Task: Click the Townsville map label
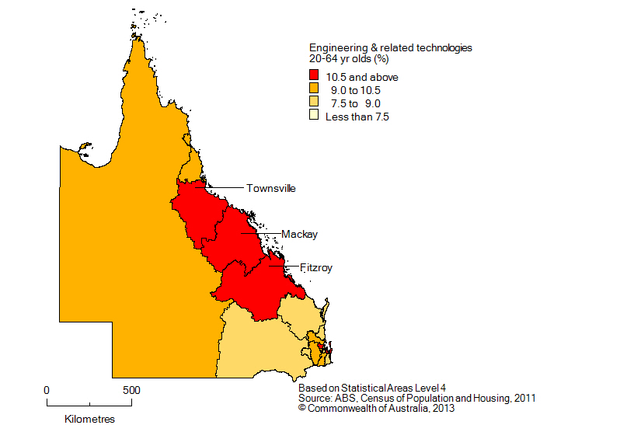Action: tap(270, 188)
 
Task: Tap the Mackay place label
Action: tap(299, 234)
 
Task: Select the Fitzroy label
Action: tap(316, 267)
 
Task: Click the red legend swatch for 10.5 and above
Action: tap(315, 76)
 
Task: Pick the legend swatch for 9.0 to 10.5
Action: tap(315, 89)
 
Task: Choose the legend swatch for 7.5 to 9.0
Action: tap(315, 103)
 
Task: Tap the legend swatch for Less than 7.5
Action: tap(315, 117)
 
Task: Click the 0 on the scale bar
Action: tap(47, 389)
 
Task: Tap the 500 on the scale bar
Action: tap(131, 389)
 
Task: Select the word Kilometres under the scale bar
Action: tap(89, 419)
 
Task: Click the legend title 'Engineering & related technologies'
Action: tap(390, 47)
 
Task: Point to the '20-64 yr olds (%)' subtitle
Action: tap(349, 58)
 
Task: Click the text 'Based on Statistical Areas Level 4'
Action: tap(372, 387)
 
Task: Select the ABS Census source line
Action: tap(416, 398)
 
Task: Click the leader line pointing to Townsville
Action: tap(225, 187)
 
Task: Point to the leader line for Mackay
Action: tap(259, 233)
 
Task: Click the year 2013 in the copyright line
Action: tap(443, 409)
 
